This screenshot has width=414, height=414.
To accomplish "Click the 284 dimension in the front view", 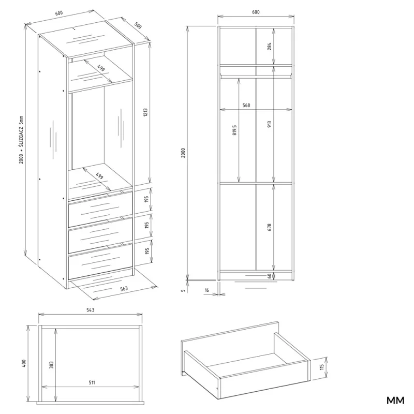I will (270, 47).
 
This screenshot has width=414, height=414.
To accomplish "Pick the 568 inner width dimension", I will (246, 106).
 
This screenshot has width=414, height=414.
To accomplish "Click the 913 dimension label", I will (270, 124).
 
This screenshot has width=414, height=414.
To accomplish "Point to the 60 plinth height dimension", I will (270, 276).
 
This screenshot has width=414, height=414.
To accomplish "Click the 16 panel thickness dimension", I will (206, 291).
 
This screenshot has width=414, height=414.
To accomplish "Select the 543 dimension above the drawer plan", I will (90, 310).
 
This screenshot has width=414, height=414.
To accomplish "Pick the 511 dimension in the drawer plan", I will (91, 383).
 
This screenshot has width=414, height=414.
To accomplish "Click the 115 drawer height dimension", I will (321, 369).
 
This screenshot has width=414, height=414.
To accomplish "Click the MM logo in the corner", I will (395, 400).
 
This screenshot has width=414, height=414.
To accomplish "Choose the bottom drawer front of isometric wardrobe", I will (99, 262).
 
